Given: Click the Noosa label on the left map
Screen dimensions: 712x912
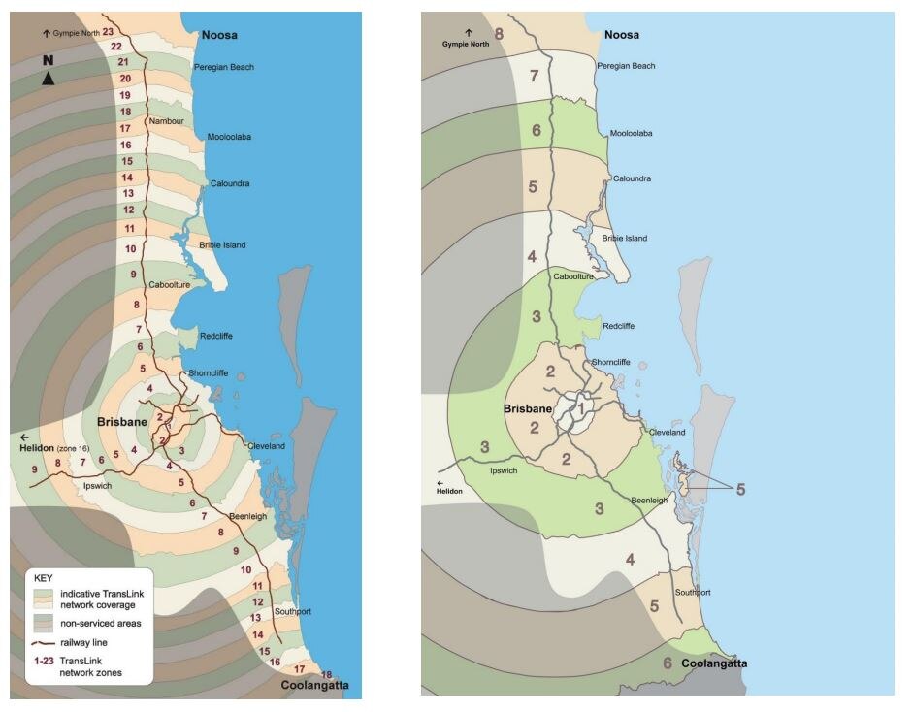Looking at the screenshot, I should coord(219,35).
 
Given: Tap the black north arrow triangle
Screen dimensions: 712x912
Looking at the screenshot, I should coord(48,78).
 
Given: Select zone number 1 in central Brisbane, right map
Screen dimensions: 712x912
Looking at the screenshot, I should coord(581,409).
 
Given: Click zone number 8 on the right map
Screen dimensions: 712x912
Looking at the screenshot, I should coord(499,35).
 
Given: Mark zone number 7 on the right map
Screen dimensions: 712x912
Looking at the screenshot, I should coord(533,76).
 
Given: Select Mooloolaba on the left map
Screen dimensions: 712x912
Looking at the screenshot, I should coord(229,137).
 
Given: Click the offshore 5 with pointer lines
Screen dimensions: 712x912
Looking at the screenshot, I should coord(739,490).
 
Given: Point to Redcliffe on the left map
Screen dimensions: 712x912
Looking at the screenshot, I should coord(215,336).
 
